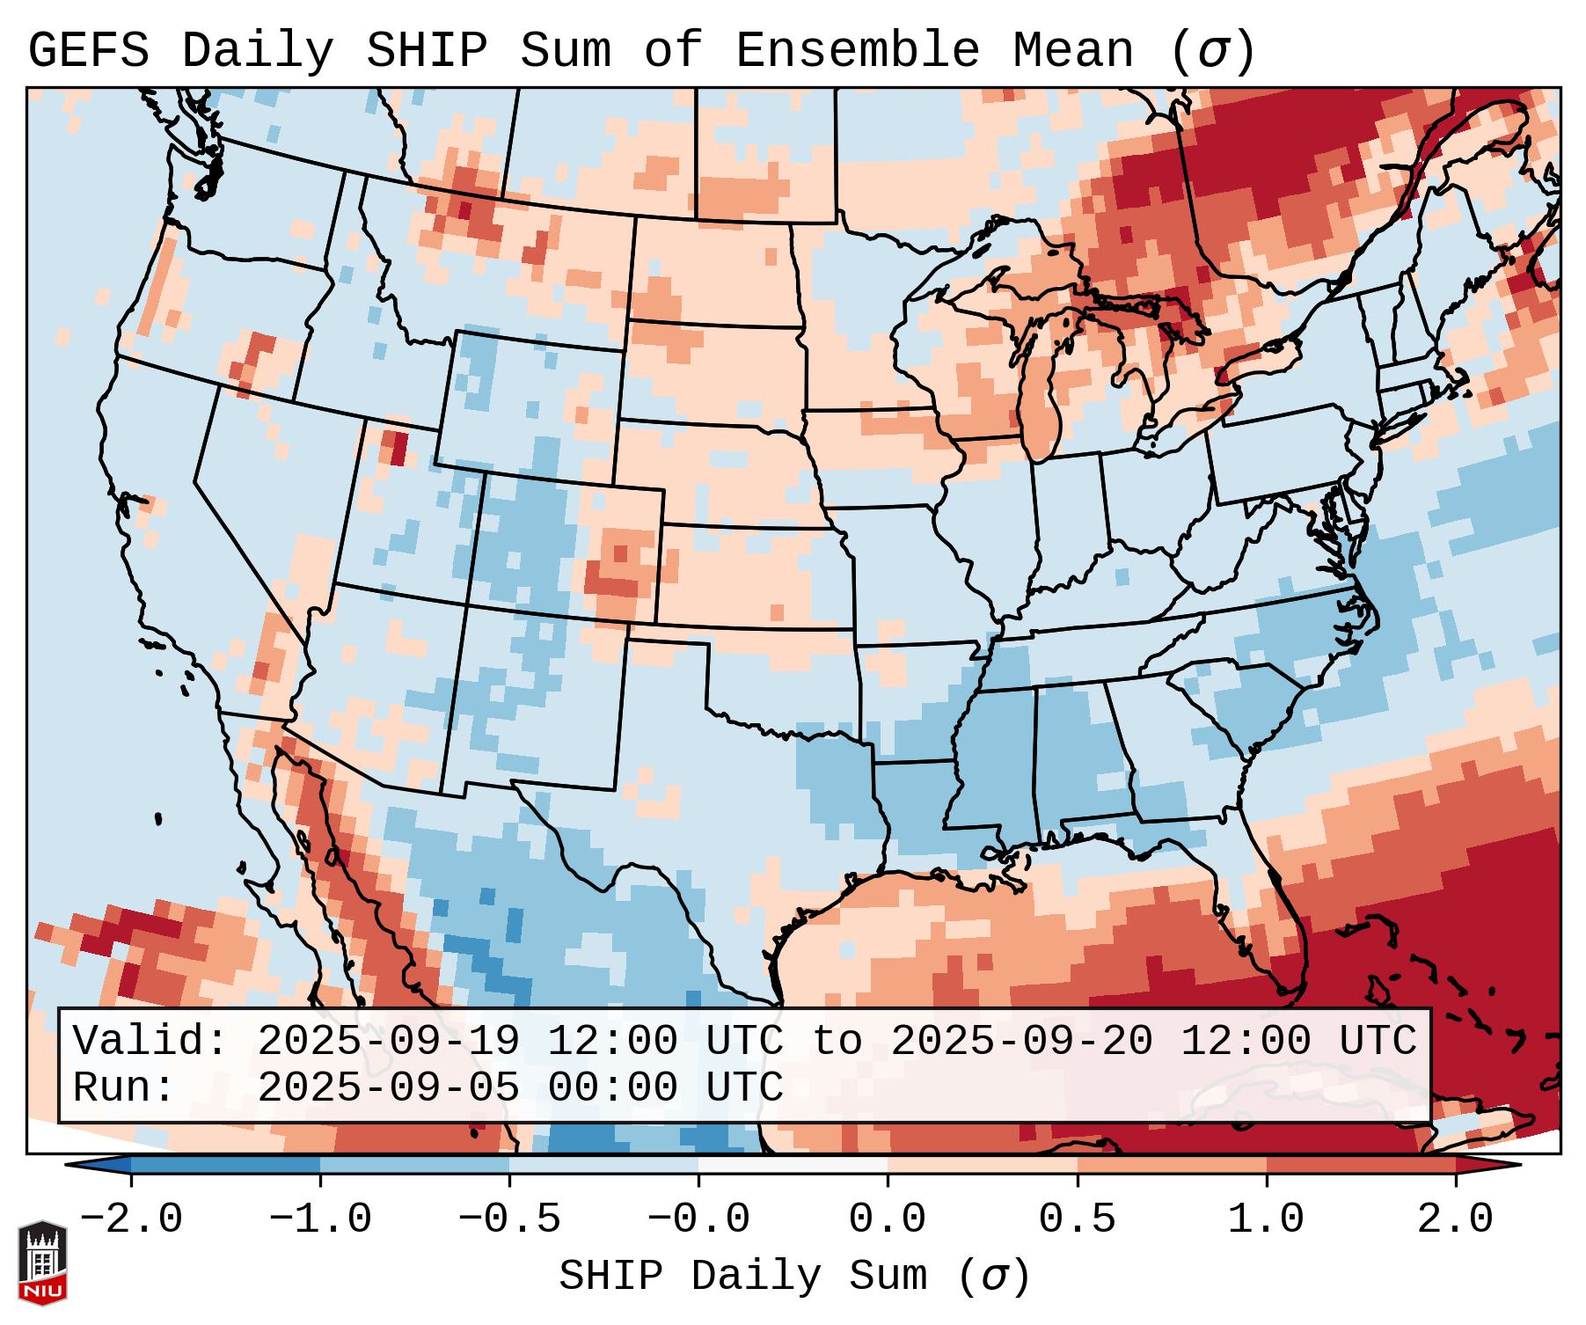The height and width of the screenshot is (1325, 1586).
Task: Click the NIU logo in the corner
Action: [x=42, y=1262]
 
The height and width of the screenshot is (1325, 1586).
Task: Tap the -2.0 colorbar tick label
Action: [x=131, y=1219]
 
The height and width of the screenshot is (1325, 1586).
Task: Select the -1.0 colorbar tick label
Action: [x=320, y=1219]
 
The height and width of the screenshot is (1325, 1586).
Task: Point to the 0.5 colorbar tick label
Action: [x=1077, y=1219]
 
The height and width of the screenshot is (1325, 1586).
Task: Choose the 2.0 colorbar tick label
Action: [x=1455, y=1219]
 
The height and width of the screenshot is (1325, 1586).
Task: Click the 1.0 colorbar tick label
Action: [x=1266, y=1219]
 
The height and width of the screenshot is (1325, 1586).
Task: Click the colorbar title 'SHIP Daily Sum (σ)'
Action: [x=793, y=1276]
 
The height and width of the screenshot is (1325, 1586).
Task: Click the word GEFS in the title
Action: [x=88, y=51]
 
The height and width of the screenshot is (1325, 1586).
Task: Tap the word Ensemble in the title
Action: [x=857, y=51]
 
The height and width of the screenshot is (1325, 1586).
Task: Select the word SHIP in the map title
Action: [x=426, y=51]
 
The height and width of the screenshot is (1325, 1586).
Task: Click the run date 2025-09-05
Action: [x=389, y=1088]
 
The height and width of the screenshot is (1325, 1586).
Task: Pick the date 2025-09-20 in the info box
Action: [x=1022, y=1042]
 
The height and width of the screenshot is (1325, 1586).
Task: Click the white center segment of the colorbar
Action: [x=793, y=1165]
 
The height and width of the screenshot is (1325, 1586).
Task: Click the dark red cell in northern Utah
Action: [x=398, y=447]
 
